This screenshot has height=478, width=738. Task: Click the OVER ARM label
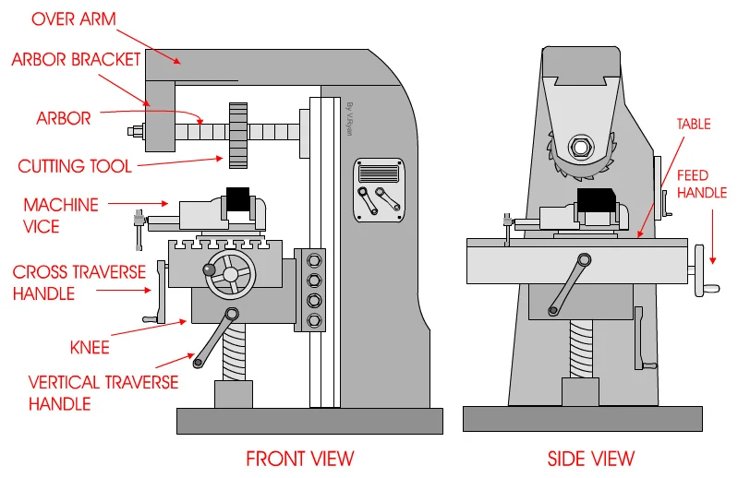pyautogui.click(x=68, y=18)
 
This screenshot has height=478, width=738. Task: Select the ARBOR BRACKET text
pyautogui.click(x=76, y=60)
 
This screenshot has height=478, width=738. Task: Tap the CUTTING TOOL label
pyautogui.click(x=75, y=166)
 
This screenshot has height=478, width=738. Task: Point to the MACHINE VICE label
pyautogui.click(x=61, y=213)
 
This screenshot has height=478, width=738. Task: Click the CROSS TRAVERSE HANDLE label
pyautogui.click(x=79, y=282)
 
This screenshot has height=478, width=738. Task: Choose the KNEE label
pyautogui.click(x=90, y=347)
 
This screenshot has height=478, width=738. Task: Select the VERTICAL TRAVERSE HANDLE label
pyautogui.click(x=103, y=391)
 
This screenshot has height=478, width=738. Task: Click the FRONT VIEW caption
pyautogui.click(x=299, y=458)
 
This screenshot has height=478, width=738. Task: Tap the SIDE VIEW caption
pyautogui.click(x=590, y=458)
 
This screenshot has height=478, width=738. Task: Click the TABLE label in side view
pyautogui.click(x=694, y=124)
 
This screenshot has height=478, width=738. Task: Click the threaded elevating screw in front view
pyautogui.click(x=233, y=355)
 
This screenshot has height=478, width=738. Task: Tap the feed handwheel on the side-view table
pyautogui.click(x=704, y=268)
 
